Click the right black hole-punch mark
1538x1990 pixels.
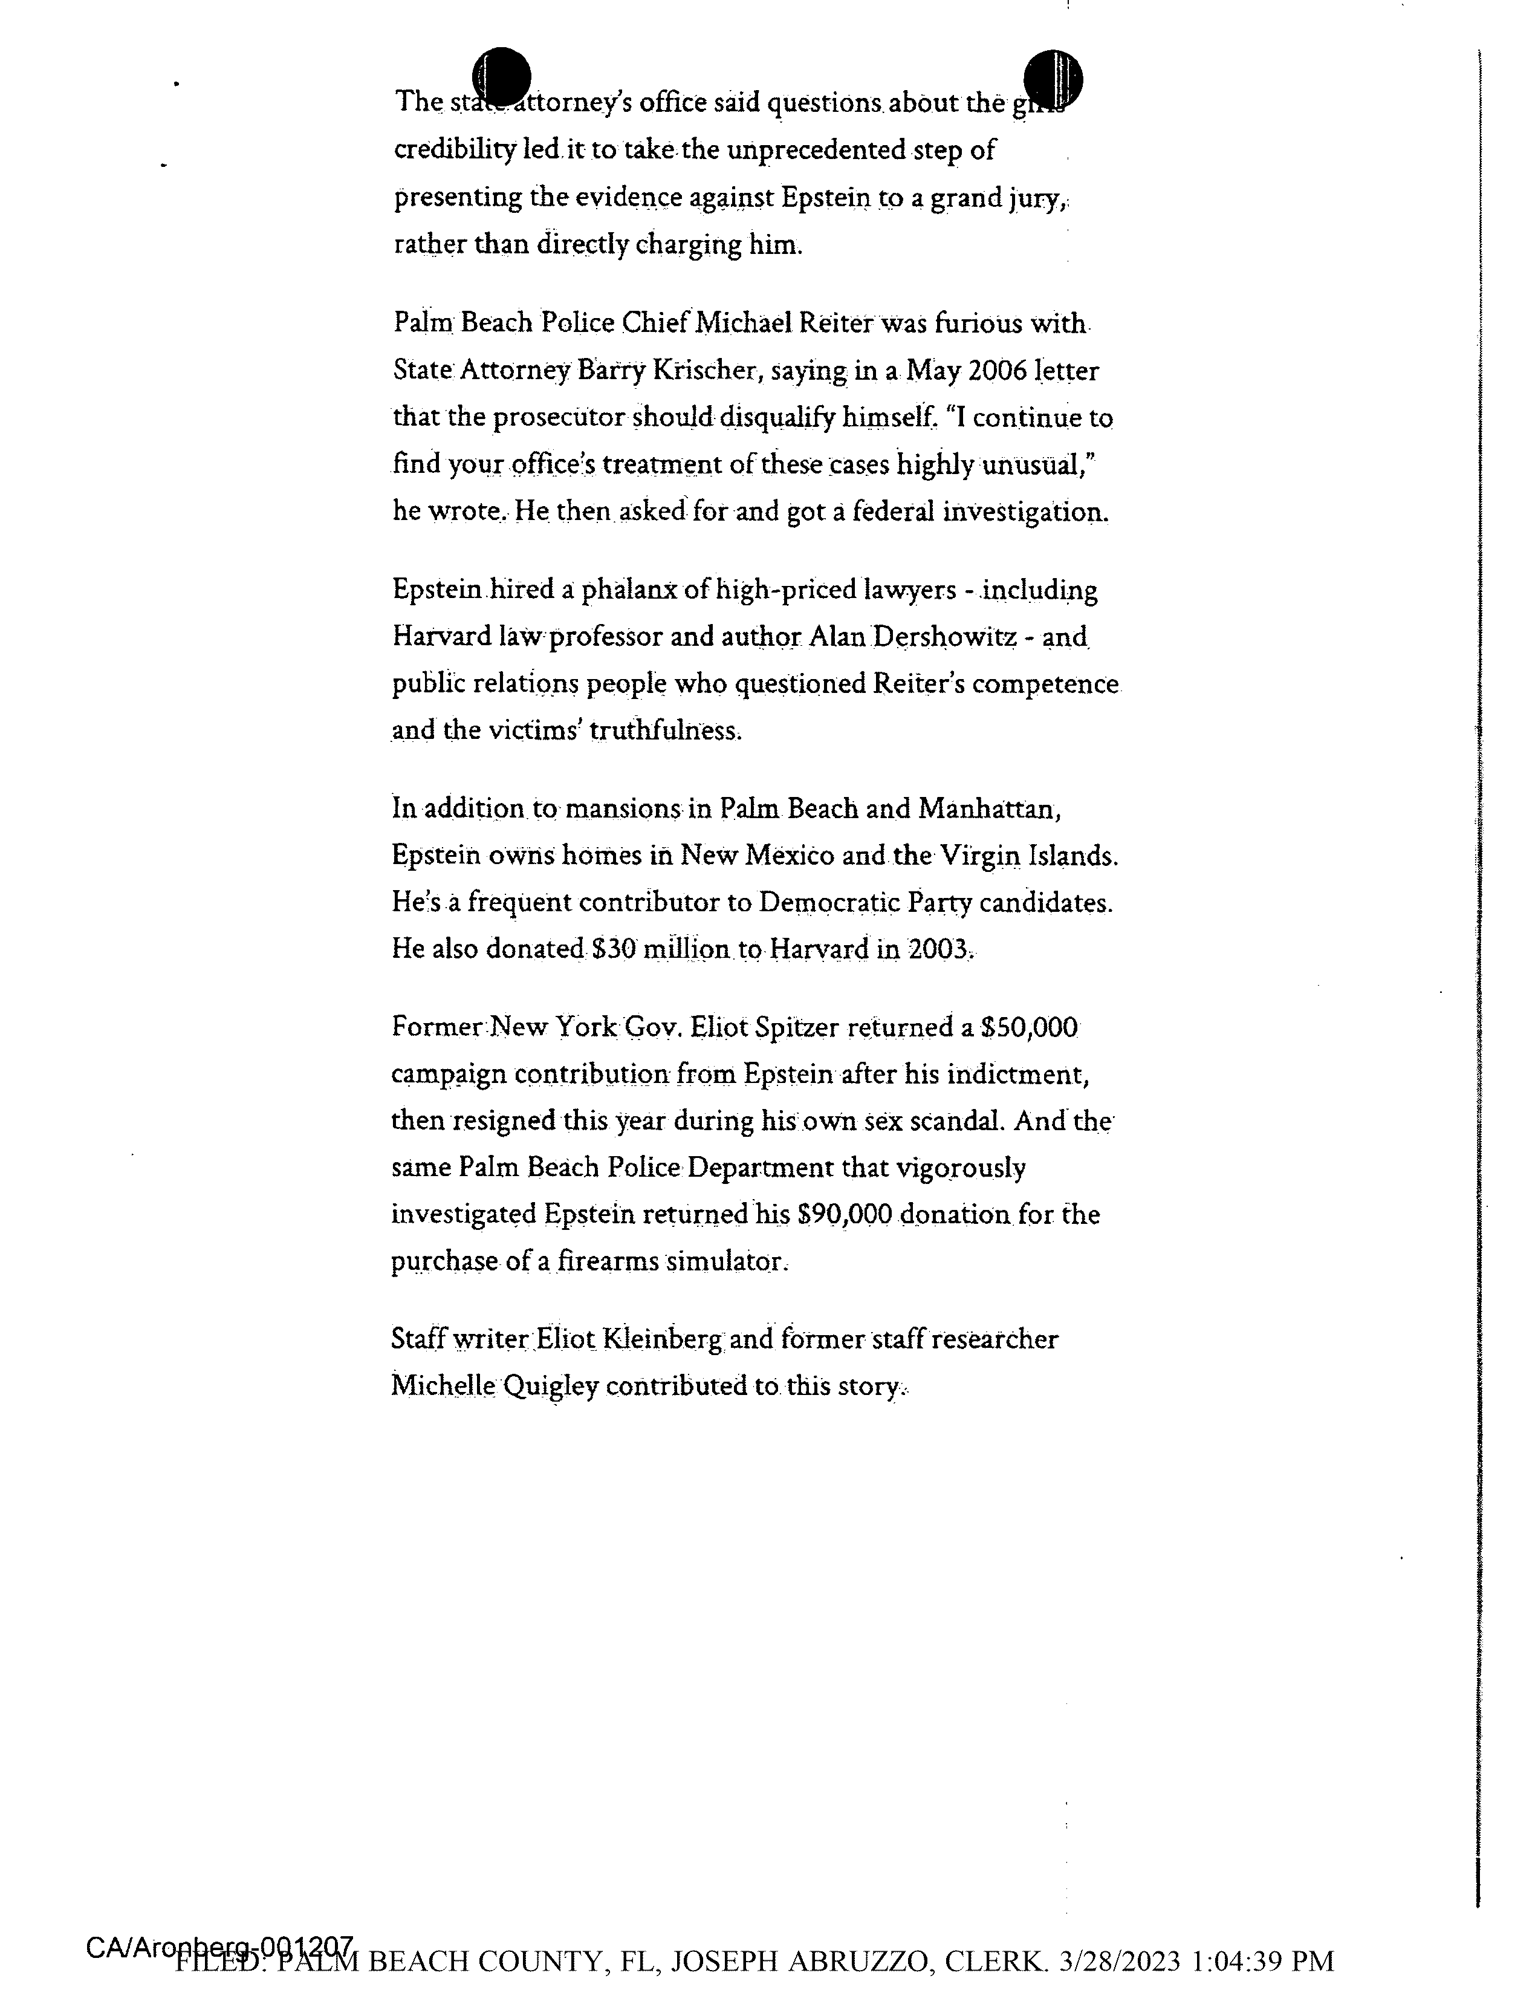tap(1053, 77)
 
